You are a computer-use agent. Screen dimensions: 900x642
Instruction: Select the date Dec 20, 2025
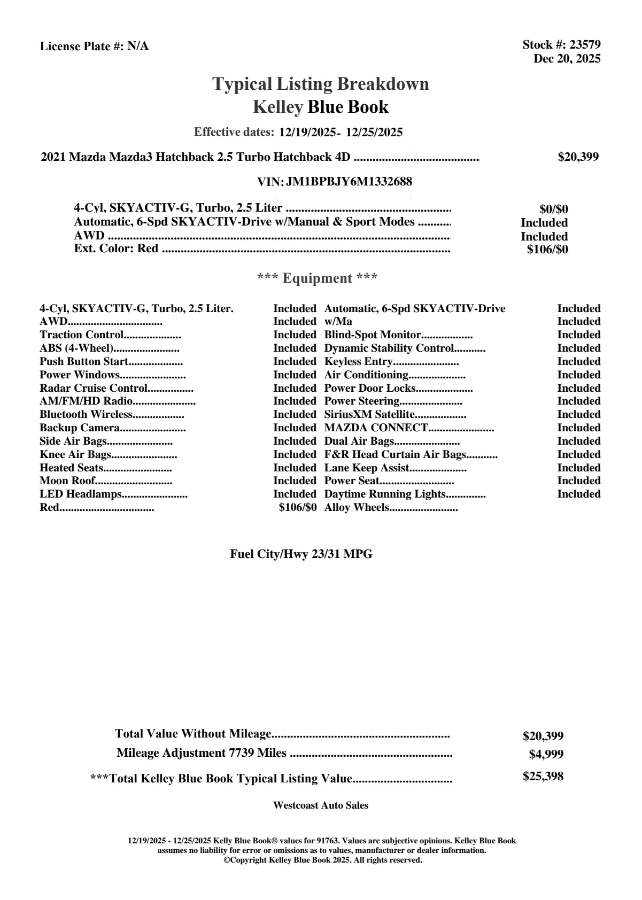567,59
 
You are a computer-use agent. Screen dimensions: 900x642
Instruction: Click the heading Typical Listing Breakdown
321,84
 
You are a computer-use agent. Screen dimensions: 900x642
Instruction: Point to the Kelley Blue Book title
321,107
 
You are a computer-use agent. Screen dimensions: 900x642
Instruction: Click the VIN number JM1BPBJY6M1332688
349,182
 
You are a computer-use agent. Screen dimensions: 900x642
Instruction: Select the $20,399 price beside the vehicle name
578,157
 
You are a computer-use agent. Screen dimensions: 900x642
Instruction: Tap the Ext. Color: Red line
116,249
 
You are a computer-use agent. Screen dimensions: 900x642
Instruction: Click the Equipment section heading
318,278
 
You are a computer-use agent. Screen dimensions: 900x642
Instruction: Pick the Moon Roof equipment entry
67,481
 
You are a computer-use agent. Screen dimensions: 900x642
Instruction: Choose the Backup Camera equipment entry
80,428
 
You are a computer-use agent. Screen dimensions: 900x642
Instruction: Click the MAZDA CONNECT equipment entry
376,428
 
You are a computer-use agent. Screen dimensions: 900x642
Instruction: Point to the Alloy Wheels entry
357,508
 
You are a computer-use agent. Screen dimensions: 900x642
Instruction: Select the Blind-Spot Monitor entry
373,335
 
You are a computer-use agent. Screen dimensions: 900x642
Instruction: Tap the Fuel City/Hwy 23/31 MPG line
301,554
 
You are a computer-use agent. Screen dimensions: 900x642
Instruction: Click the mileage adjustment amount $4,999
546,755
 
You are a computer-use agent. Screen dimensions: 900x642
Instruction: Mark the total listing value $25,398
543,777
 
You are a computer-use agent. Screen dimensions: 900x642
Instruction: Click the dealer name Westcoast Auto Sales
321,805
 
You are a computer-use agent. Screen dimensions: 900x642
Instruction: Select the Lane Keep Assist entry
367,468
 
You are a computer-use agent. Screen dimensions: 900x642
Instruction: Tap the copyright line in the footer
323,860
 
